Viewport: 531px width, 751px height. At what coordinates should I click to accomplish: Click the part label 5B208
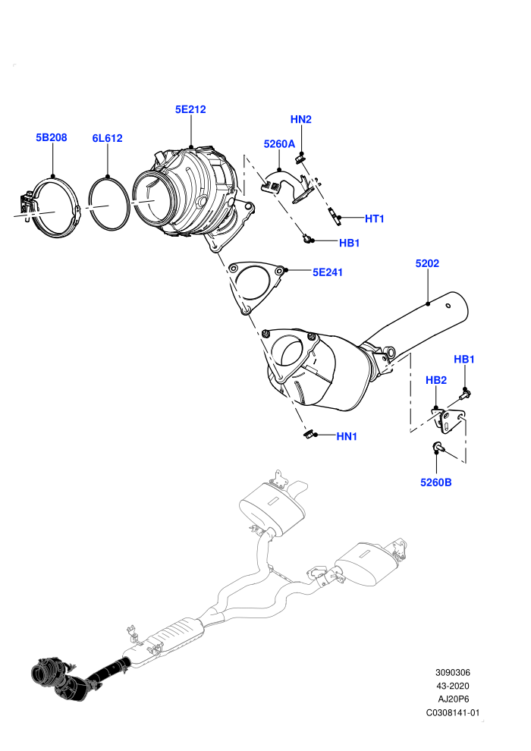52,137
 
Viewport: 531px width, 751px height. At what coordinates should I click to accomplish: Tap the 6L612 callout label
107,138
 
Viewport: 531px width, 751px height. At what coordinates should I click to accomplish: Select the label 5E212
190,110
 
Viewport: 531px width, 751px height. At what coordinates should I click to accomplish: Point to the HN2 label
300,119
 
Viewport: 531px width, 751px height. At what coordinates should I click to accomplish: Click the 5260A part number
279,144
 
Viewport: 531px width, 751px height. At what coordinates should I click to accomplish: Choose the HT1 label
375,219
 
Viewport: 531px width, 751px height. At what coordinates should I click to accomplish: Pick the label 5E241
328,272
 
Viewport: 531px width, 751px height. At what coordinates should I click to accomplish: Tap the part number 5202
427,263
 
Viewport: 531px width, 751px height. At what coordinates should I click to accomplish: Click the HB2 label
435,380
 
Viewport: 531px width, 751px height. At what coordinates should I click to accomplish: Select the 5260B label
435,482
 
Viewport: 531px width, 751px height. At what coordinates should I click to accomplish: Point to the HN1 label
347,436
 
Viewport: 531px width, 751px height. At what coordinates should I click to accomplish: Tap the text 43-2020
452,686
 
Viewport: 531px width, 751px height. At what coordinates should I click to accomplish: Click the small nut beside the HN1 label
308,434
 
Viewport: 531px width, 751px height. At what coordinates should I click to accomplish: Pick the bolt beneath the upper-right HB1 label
465,395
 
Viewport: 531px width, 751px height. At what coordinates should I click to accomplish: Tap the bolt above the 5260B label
438,447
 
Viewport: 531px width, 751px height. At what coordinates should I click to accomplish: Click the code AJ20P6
453,699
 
